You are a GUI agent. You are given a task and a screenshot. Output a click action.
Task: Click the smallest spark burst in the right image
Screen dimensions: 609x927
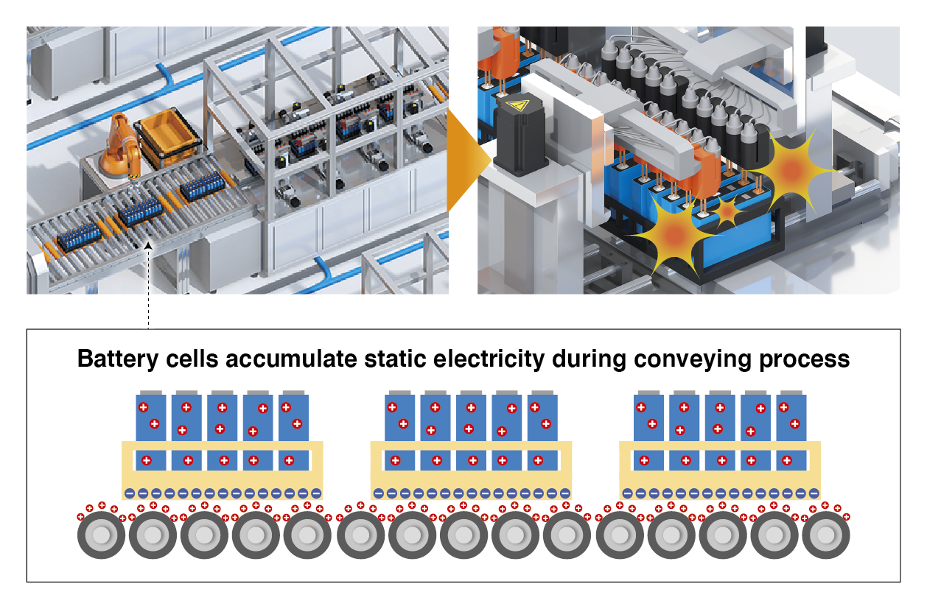coord(728,212)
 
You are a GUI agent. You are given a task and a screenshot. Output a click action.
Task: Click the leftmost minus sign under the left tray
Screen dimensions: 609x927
coord(130,493)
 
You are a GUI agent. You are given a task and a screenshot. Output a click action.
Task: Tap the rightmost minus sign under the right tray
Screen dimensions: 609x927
coord(814,493)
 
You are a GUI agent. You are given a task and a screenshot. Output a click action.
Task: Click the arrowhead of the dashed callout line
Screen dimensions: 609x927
coord(149,248)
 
